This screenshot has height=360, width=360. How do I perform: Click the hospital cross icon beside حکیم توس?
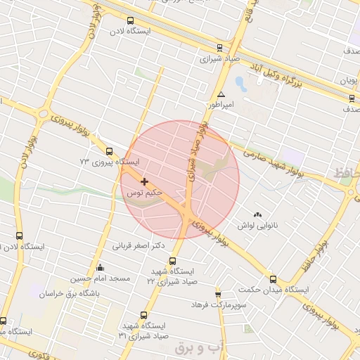click(x=145, y=181)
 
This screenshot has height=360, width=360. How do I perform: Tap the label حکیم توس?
click(x=145, y=191)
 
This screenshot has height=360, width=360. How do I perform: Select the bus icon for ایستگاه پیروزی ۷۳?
click(x=109, y=151)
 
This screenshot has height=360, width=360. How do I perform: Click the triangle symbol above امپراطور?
click(x=221, y=94)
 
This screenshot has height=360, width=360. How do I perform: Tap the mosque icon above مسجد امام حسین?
click(x=101, y=267)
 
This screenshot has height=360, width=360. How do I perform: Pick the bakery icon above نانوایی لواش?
click(x=257, y=214)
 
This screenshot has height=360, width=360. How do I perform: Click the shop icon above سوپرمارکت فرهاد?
click(x=218, y=294)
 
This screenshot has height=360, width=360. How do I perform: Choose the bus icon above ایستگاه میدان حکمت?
click(x=273, y=279)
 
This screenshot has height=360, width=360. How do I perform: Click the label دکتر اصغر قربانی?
click(x=139, y=246)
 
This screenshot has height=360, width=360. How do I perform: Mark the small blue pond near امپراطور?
click(x=240, y=84)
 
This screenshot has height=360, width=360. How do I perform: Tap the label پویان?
click(x=349, y=80)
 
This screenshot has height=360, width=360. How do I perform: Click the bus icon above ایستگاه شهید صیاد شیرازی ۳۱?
click(x=144, y=315)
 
